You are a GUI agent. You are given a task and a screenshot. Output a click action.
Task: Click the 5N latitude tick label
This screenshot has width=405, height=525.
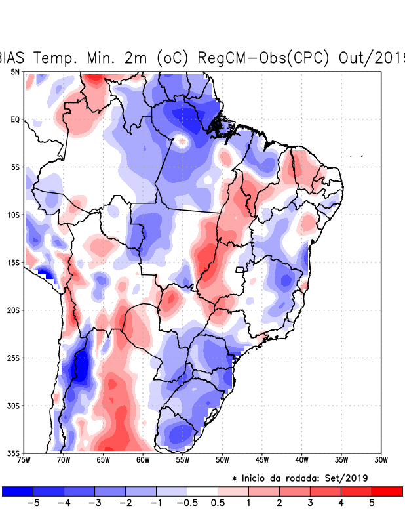pos(14,72)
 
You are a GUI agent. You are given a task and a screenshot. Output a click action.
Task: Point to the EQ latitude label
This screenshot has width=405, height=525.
pos(14,119)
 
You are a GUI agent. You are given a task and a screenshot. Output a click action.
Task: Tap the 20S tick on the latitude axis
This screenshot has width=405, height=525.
pos(13,310)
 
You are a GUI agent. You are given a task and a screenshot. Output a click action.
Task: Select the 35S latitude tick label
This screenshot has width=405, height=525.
pos(13,453)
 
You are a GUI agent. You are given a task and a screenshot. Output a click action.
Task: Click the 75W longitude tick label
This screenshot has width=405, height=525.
pos(24,459)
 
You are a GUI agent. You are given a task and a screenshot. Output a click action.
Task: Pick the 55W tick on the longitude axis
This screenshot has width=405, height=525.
pos(183,459)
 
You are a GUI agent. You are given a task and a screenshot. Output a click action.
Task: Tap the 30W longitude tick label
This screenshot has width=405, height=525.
pos(381,459)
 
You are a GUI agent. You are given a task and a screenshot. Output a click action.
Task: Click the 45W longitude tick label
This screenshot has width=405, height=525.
pos(262,459)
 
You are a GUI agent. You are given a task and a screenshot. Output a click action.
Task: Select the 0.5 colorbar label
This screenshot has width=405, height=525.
pos(218,503)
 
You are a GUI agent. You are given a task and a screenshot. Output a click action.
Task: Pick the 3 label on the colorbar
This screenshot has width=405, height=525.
pos(311,503)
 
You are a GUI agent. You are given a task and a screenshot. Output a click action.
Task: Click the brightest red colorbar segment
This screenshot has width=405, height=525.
pos(387,491)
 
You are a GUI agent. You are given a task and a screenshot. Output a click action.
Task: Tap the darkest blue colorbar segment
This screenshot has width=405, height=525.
pos(18,491)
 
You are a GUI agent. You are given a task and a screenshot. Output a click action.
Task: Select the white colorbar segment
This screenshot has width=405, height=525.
pos(202,491)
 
